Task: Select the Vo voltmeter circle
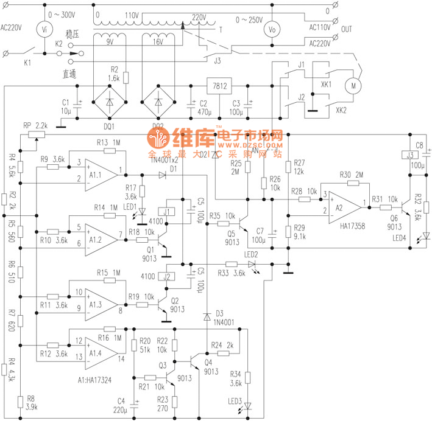274,28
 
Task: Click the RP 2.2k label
35,125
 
